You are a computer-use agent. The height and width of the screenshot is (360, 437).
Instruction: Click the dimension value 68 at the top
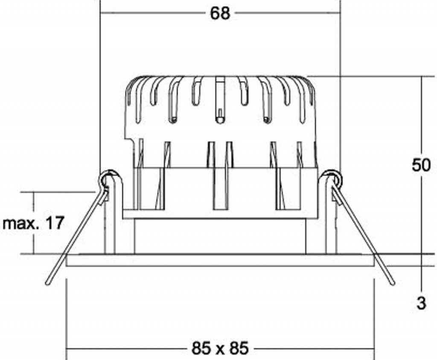click(x=220, y=13)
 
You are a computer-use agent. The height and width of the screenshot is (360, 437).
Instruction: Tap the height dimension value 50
click(x=421, y=165)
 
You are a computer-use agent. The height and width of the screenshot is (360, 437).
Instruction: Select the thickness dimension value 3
click(x=421, y=303)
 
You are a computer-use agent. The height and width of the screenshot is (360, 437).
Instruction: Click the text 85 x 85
click(x=220, y=348)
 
